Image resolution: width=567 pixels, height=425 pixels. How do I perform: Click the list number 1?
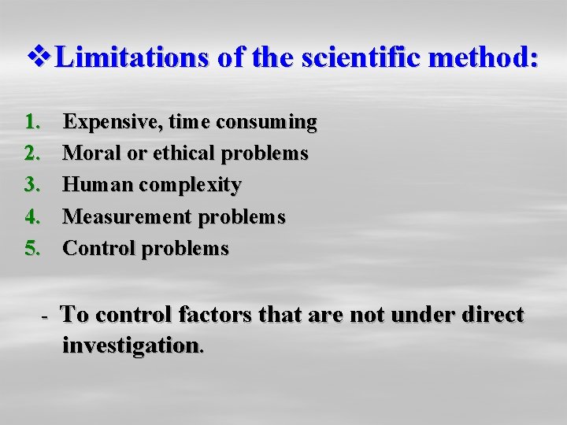pyautogui.click(x=32, y=122)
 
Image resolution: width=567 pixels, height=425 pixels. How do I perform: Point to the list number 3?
pyautogui.click(x=32, y=185)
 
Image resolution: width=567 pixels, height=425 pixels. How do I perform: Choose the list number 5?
pyautogui.click(x=32, y=248)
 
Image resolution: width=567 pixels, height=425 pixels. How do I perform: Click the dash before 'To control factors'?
pyautogui.click(x=46, y=316)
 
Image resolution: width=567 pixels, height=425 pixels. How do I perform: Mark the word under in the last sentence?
pyautogui.click(x=417, y=315)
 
